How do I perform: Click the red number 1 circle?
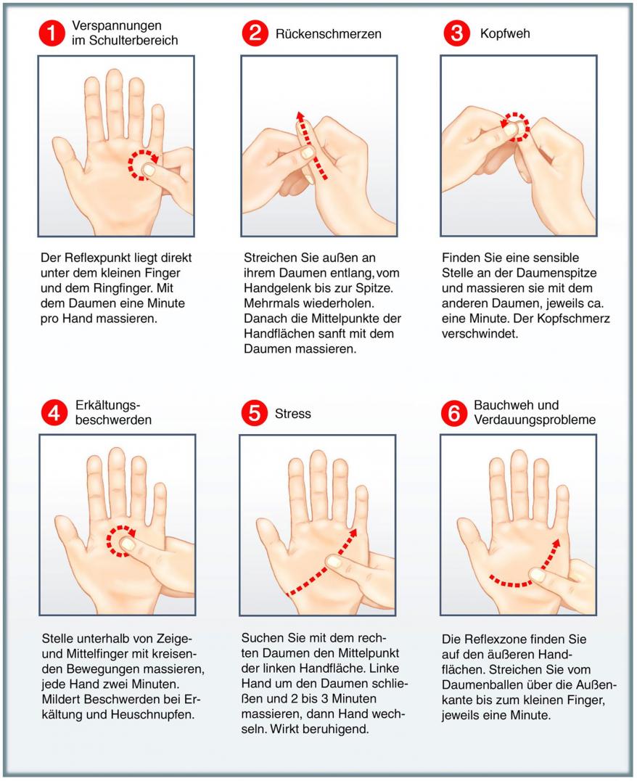(x=52, y=33)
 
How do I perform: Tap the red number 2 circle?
(x=255, y=33)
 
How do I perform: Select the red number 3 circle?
(x=456, y=33)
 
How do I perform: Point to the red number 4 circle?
(x=54, y=413)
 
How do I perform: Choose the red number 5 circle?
(x=254, y=413)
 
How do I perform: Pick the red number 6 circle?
(x=454, y=413)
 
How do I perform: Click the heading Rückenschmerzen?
(x=328, y=34)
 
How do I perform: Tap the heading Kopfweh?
(x=505, y=34)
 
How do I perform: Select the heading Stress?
(x=293, y=414)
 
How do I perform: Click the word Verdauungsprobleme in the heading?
(x=535, y=420)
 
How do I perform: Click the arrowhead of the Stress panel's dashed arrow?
(x=353, y=533)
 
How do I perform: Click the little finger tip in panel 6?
(x=562, y=491)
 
